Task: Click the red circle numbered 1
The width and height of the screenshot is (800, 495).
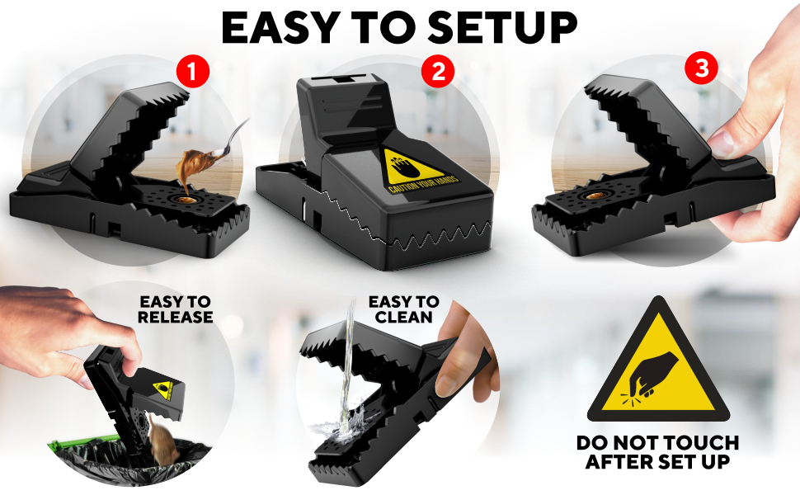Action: click(193, 72)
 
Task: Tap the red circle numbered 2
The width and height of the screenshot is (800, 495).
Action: click(438, 72)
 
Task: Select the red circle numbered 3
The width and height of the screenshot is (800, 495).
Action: click(702, 68)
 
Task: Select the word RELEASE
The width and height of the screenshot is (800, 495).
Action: click(175, 317)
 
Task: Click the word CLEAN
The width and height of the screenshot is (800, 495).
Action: click(403, 317)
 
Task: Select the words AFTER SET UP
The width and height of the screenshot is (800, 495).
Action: click(657, 461)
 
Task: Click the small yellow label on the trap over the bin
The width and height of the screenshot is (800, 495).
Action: click(164, 390)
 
